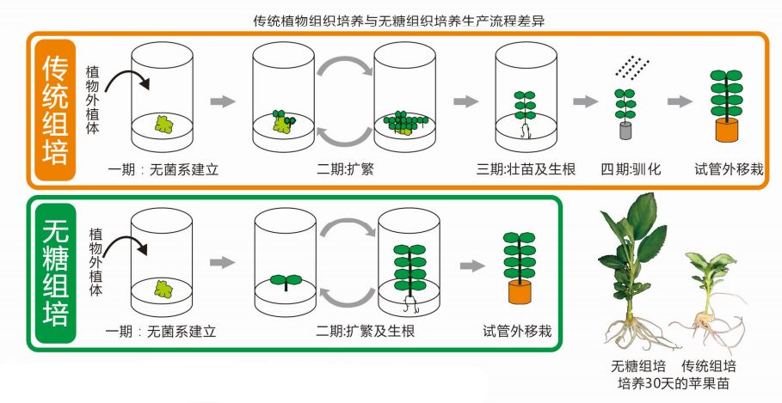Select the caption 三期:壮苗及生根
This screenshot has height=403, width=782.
pyautogui.click(x=526, y=168)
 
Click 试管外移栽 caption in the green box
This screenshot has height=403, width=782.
pyautogui.click(x=517, y=331)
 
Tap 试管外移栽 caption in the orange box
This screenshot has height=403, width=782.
pyautogui.click(x=730, y=168)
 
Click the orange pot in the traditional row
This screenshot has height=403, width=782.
pyautogui.click(x=728, y=131)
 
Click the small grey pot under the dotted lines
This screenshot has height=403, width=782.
pyautogui.click(x=625, y=130)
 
